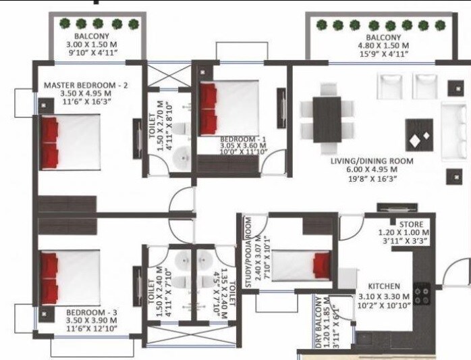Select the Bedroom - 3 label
tap(92, 313)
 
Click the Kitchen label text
tap(384, 286)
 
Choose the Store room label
tap(410, 224)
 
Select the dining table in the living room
tap(327, 120)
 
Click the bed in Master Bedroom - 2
tap(70, 142)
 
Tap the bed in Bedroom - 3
tap(70, 276)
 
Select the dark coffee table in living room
tap(419, 134)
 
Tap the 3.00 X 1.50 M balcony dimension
tap(98, 45)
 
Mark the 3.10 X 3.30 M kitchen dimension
tap(384, 297)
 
